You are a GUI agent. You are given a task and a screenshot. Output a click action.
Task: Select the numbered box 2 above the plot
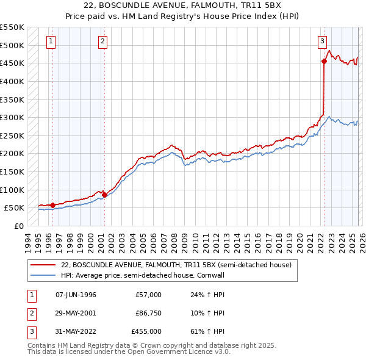point(102,41)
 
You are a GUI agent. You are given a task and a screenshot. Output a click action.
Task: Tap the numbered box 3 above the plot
point(321,41)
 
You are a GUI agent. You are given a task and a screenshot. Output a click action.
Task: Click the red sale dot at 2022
point(324,61)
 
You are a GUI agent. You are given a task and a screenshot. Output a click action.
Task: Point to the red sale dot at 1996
point(53,205)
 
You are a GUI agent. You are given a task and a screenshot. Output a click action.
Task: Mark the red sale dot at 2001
point(105,195)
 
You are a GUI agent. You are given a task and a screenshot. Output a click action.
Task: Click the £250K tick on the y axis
point(12,135)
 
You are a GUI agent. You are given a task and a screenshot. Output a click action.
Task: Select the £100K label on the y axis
point(12,190)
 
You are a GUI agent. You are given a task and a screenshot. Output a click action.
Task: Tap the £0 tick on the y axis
point(18,226)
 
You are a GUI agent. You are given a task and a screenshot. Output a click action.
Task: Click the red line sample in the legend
point(43,265)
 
